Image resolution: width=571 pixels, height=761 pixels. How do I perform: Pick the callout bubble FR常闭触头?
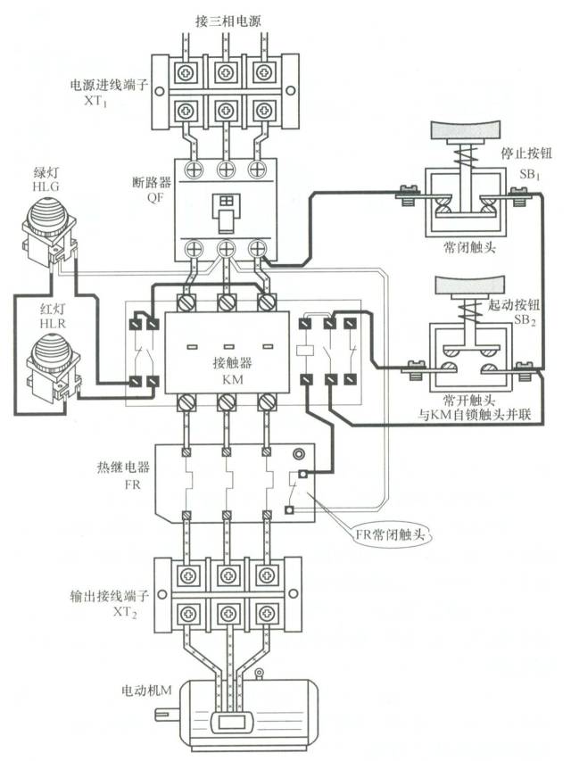tap(386, 535)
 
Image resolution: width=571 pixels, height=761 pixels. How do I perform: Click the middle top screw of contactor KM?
tap(227, 304)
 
